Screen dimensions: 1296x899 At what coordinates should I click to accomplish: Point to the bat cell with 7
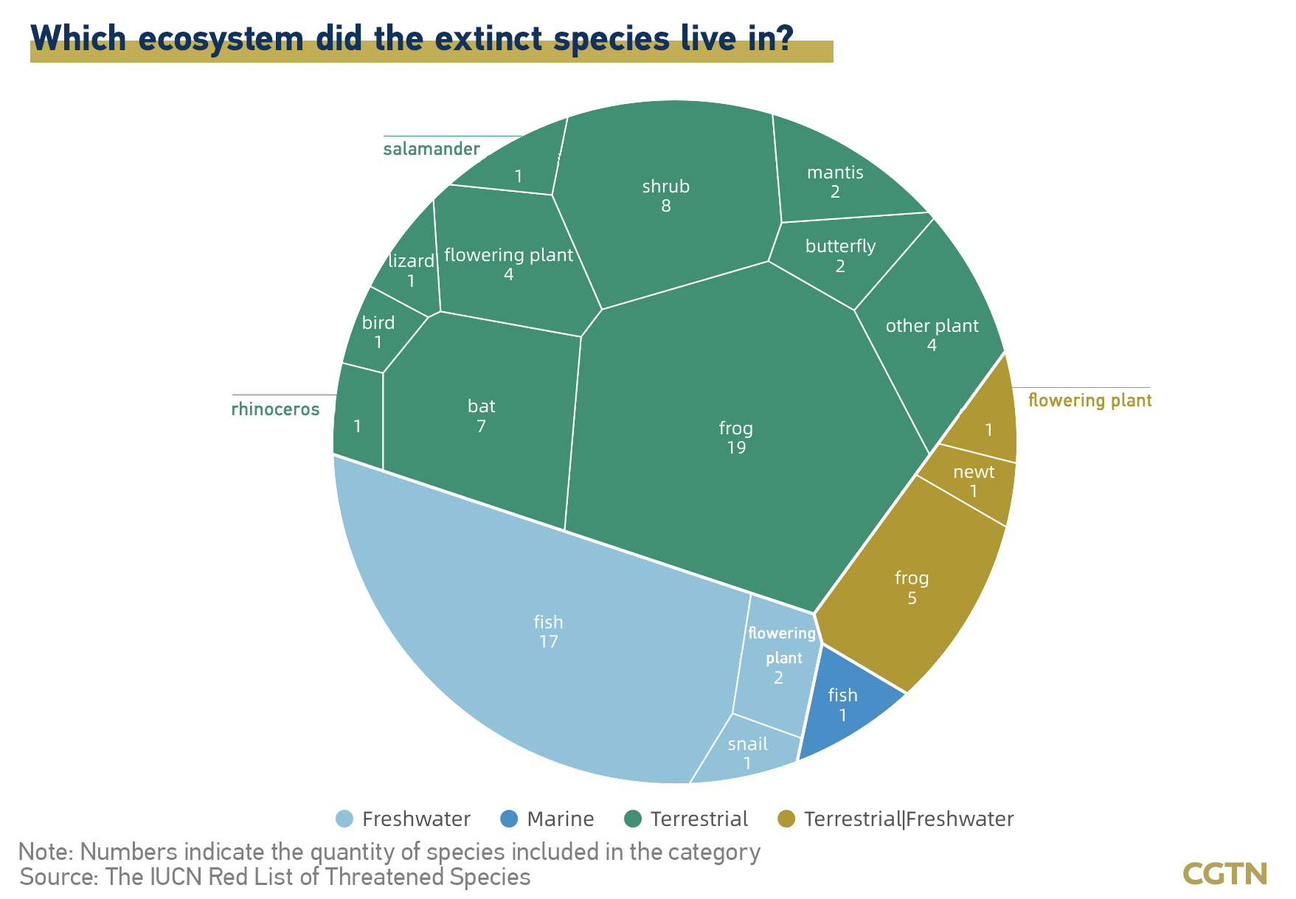(481, 417)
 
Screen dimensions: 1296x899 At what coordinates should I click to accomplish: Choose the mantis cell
(841, 177)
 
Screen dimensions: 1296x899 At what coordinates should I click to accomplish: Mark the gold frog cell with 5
(912, 586)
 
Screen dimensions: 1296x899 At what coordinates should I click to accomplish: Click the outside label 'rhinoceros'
(276, 409)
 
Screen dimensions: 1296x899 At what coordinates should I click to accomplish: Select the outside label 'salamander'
(432, 149)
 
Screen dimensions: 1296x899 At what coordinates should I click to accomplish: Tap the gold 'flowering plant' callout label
(1089, 400)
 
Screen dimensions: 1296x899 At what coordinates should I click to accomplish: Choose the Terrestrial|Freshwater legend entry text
(909, 819)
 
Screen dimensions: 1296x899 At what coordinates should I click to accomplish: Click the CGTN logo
(1225, 874)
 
